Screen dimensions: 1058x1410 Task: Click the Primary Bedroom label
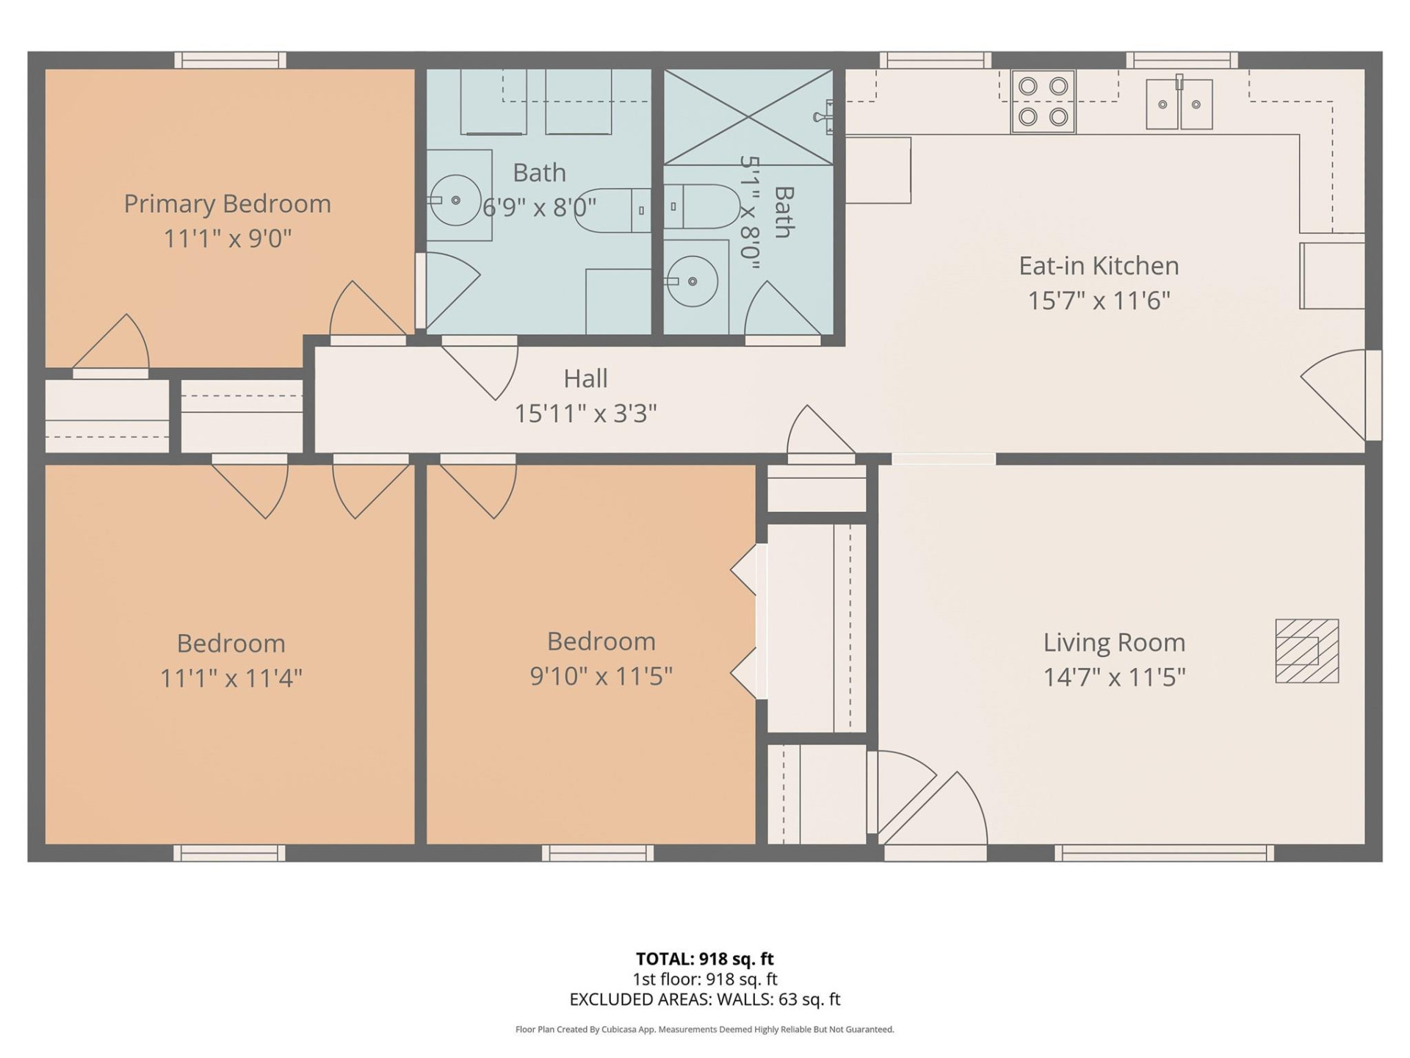pyautogui.click(x=227, y=204)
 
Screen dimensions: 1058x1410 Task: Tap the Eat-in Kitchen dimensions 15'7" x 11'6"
pyautogui.click(x=1098, y=301)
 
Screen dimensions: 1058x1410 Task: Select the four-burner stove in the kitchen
pyautogui.click(x=1043, y=101)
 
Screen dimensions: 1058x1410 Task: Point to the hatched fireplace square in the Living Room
pyautogui.click(x=1306, y=651)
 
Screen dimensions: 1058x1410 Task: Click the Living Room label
pyautogui.click(x=1114, y=643)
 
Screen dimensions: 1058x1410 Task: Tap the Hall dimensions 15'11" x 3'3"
pyautogui.click(x=585, y=414)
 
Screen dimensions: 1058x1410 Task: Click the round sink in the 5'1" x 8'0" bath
pyautogui.click(x=693, y=281)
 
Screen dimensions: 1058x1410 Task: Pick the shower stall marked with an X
pyautogui.click(x=748, y=117)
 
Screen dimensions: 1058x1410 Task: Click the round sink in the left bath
pyautogui.click(x=455, y=200)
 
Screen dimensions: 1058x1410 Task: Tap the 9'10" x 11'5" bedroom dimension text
pyautogui.click(x=601, y=676)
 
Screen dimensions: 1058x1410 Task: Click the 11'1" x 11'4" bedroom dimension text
pyautogui.click(x=231, y=677)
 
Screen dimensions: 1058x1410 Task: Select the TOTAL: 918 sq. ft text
pyautogui.click(x=704, y=959)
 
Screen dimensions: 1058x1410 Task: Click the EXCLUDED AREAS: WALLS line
pyautogui.click(x=704, y=999)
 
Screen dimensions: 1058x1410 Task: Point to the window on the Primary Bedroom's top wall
pyautogui.click(x=230, y=60)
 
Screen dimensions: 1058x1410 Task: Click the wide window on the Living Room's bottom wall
pyautogui.click(x=1164, y=853)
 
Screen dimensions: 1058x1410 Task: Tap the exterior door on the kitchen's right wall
pyautogui.click(x=1372, y=395)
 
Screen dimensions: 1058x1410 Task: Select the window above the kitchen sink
pyautogui.click(x=1181, y=60)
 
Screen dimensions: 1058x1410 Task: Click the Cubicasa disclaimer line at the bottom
pyautogui.click(x=704, y=1029)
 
